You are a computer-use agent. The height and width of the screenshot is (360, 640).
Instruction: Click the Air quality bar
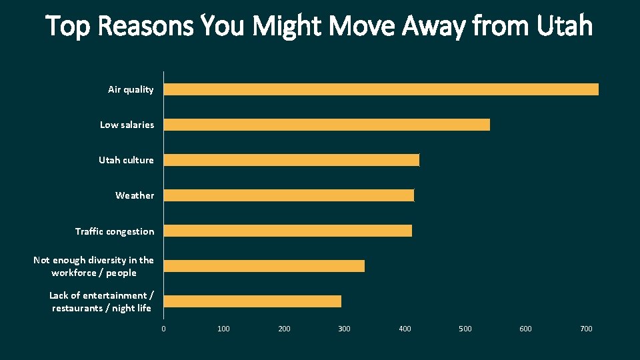[381, 89]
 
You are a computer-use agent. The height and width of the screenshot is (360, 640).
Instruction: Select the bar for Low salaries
[327, 125]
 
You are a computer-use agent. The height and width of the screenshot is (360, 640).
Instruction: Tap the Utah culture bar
[291, 160]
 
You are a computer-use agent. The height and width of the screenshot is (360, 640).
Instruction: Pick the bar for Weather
[289, 195]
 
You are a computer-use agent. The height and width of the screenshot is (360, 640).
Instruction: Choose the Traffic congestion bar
[288, 231]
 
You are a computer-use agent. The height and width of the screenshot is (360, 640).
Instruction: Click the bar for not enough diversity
[264, 266]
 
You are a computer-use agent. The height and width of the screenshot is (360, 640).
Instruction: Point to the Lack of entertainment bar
[253, 301]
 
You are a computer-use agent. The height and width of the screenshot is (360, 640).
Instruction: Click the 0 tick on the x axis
[163, 329]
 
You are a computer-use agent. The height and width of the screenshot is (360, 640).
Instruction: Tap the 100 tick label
[223, 329]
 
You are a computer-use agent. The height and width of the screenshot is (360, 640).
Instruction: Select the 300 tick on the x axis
[344, 329]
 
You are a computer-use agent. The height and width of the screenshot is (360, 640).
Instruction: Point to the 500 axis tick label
[465, 329]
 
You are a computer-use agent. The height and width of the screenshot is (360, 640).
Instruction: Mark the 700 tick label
[586, 329]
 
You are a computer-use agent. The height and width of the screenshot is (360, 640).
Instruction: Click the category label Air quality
[131, 89]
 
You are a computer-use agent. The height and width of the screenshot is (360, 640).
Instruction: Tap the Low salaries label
[127, 125]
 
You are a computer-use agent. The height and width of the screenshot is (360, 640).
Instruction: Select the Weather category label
[135, 195]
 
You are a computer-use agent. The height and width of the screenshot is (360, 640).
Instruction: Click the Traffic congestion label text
[115, 231]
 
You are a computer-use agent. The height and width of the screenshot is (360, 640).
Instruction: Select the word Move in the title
[360, 26]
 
